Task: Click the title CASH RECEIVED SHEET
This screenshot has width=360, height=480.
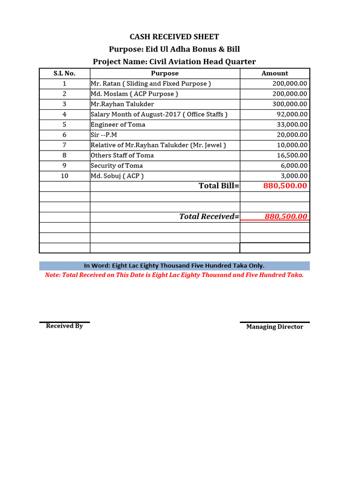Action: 174,37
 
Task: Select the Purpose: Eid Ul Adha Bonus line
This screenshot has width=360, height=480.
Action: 174,49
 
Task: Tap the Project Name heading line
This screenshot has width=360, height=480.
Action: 174,62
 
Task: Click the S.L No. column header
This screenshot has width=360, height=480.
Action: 64,73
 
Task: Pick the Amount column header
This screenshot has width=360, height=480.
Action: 275,73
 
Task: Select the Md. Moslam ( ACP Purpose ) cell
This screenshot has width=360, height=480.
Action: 135,94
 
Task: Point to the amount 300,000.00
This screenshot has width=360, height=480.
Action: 290,104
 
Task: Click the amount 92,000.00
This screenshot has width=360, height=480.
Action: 292,114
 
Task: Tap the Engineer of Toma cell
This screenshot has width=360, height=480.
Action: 118,125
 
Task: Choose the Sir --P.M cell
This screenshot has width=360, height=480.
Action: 104,135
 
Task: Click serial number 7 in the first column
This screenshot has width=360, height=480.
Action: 64,145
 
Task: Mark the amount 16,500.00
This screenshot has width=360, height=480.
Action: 292,156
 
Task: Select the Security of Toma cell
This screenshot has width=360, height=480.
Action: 117,166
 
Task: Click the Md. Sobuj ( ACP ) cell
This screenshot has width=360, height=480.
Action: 117,176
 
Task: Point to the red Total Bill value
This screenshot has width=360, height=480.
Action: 285,186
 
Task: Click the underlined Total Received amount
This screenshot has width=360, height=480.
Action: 286,217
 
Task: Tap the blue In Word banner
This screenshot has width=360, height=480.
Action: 174,266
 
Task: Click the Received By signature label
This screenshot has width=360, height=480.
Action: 64,326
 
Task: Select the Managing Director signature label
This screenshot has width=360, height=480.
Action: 275,327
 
